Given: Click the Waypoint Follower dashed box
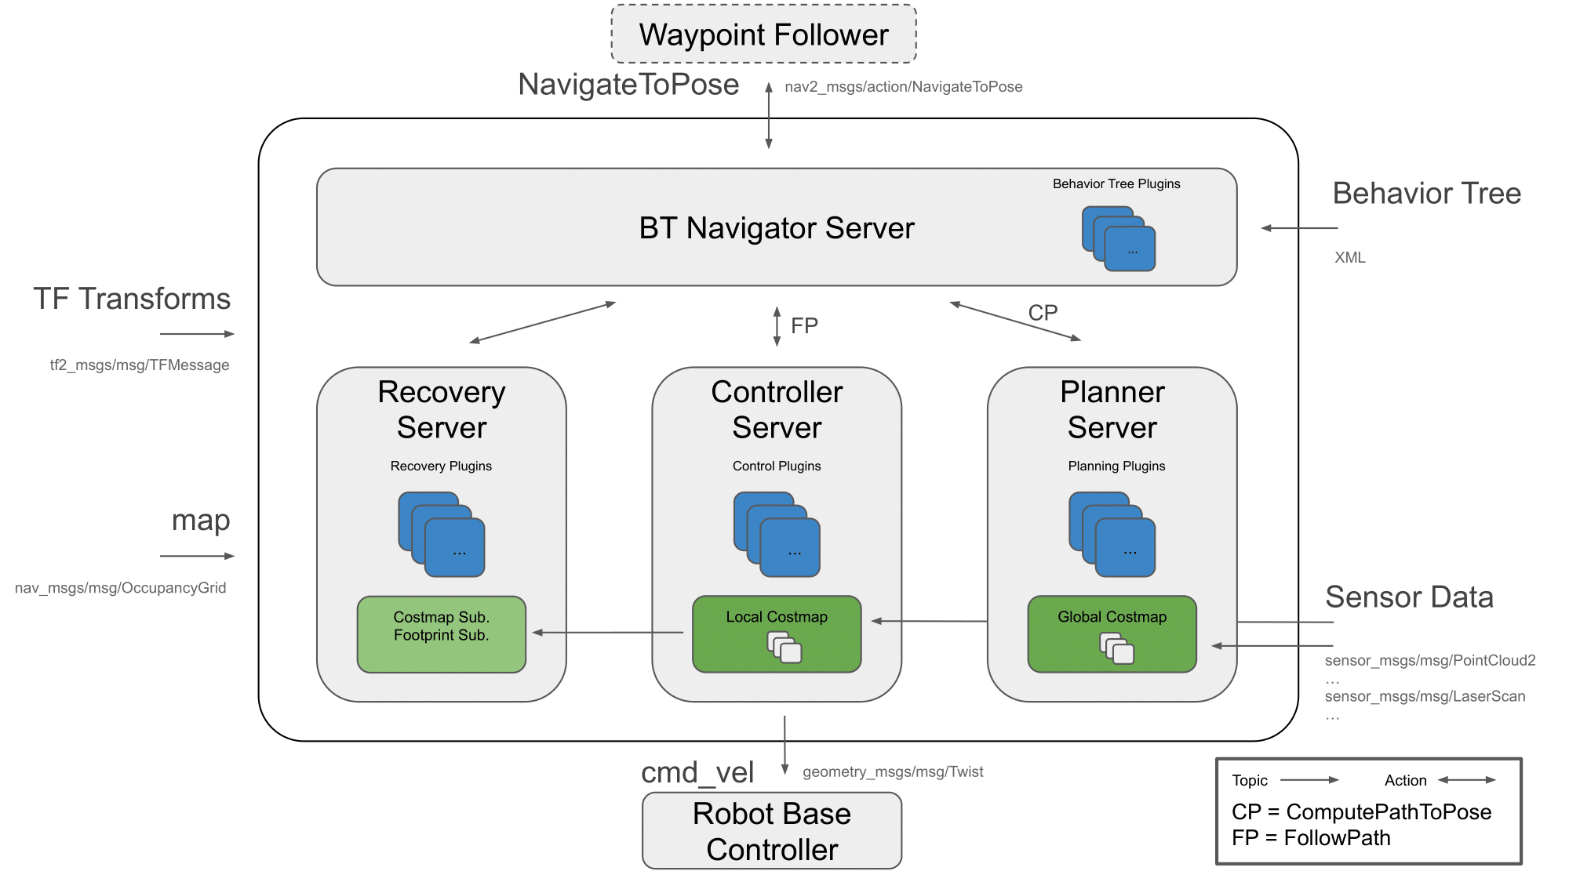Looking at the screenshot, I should (x=763, y=34).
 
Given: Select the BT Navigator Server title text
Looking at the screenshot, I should (x=776, y=228).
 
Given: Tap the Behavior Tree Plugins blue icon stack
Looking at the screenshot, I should (x=1119, y=238).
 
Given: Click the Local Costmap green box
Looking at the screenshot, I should (x=777, y=633).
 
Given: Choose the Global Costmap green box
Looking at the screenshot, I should (x=1112, y=633).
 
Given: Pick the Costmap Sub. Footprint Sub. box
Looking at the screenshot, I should (x=441, y=633).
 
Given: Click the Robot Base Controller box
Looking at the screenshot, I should (x=772, y=831).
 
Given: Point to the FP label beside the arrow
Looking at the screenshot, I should (x=804, y=325).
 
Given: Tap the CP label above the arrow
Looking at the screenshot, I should (x=1043, y=313).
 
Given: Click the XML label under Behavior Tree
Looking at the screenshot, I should (x=1349, y=257).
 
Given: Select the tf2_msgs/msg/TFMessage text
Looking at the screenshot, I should (x=140, y=365).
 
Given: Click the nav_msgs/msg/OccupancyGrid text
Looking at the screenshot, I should (x=120, y=587).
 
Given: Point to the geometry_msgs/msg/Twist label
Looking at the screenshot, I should (x=893, y=771).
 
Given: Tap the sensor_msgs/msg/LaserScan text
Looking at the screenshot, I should (x=1425, y=696).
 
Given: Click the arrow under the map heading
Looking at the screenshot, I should (x=197, y=556).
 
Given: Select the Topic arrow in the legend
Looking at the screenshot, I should (x=1309, y=780).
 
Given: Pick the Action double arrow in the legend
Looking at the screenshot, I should (x=1467, y=780).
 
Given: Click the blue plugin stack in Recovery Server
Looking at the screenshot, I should (x=441, y=534).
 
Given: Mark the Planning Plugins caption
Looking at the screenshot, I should (x=1116, y=466).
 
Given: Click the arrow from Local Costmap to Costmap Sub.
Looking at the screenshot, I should (x=608, y=632).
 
